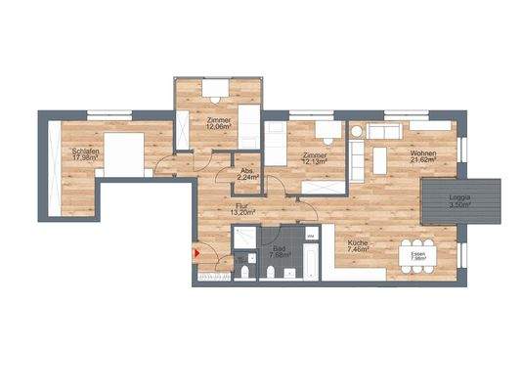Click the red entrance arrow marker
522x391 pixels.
point(198,254)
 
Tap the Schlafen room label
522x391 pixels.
point(85,152)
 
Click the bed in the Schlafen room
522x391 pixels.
point(125,153)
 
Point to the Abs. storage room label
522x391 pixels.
point(247,171)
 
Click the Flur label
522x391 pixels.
point(242,205)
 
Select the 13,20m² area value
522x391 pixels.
point(242,212)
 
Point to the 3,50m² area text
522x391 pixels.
point(459,205)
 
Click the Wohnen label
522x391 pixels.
point(422,153)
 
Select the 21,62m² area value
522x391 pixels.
point(422,161)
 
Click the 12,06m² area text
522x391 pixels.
point(218,126)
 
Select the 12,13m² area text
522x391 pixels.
point(315,162)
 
